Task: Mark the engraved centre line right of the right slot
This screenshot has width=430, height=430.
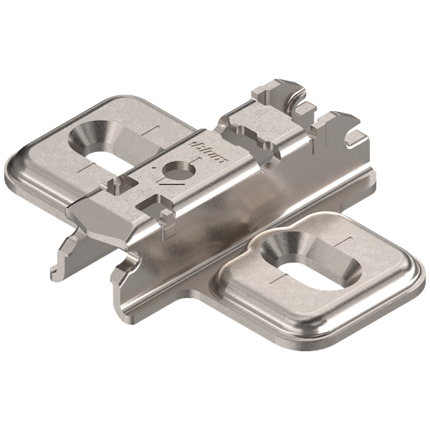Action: (x=346, y=241)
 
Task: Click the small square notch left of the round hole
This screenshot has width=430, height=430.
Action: (x=115, y=186)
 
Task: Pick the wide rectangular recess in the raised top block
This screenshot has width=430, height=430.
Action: (x=251, y=133)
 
